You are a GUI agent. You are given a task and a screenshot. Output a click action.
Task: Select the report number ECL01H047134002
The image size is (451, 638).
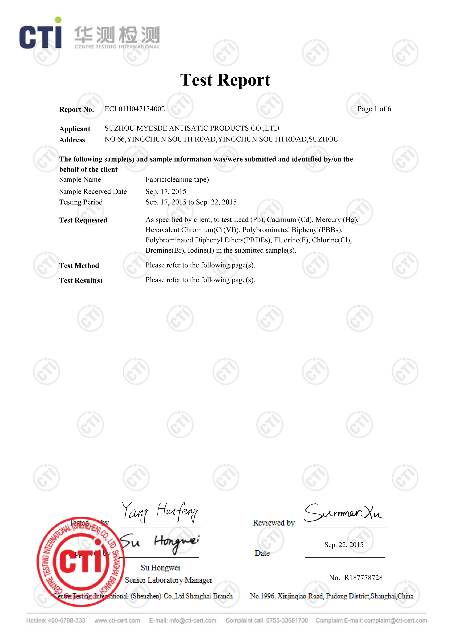135,109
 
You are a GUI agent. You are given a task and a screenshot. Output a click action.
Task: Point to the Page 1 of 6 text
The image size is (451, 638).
374,109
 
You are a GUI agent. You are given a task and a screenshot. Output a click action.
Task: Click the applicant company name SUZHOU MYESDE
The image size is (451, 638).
192,128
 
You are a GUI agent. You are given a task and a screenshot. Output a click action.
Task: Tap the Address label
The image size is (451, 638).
72,140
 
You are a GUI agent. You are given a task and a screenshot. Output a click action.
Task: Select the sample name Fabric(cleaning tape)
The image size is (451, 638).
177,180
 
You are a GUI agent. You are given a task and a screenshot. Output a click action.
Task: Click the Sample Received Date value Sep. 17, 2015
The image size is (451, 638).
166,191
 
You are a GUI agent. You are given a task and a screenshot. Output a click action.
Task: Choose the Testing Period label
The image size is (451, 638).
81,202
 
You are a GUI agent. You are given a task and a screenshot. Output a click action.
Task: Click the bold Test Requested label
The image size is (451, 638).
83,220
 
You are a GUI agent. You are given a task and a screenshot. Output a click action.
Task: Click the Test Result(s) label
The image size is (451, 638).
81,280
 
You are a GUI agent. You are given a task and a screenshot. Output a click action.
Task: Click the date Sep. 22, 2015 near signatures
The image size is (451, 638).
344,545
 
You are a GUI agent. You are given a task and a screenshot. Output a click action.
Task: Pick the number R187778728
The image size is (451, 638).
363,578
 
